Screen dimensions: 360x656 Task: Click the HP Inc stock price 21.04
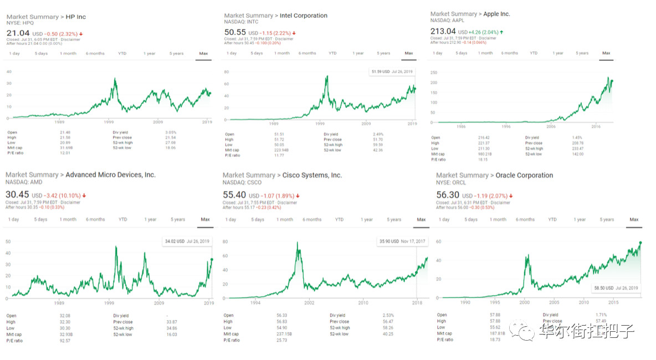coord(18,33)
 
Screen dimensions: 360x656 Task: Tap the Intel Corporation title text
coord(304,16)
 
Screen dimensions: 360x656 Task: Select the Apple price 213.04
coord(443,31)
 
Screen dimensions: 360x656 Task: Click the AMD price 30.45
coord(17,195)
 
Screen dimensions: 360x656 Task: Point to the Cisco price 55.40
coord(234,195)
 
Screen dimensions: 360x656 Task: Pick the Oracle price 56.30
coord(448,195)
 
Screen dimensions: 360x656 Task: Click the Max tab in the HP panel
coord(203,54)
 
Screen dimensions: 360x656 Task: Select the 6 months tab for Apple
coord(510,53)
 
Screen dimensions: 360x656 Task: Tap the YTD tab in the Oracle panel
coord(552,219)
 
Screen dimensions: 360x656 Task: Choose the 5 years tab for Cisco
coord(394,219)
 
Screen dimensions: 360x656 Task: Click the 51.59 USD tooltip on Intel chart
coord(392,71)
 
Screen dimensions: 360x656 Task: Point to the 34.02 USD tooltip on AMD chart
coord(186,241)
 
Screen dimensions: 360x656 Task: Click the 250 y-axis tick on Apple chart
coord(434,73)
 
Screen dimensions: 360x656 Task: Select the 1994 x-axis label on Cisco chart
coord(255,303)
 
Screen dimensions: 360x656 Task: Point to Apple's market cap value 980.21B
coord(484,154)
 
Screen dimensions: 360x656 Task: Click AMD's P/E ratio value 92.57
coord(66,341)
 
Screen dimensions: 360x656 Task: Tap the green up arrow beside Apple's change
coord(501,32)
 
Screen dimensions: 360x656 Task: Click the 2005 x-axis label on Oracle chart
coord(555,302)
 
